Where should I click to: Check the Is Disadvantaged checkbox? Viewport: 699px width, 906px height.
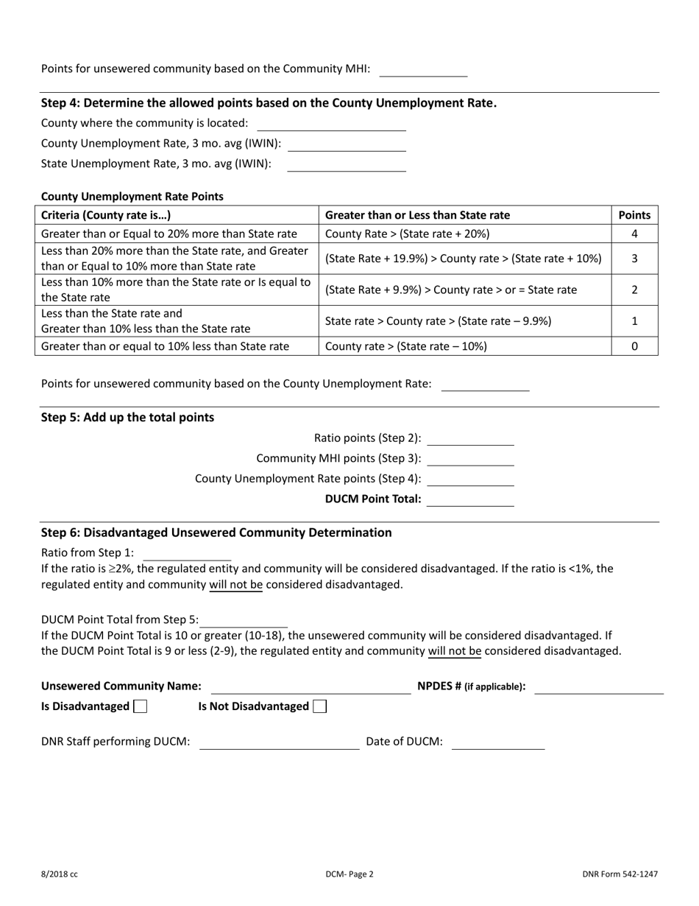coord(140,706)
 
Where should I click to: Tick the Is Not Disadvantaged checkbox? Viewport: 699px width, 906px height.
coord(319,706)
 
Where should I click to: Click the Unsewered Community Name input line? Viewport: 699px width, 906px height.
coord(311,686)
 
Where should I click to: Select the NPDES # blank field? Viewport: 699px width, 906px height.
coord(598,686)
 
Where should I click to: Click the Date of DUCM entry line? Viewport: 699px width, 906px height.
coord(497,742)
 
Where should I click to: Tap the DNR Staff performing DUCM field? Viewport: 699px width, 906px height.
coord(279,742)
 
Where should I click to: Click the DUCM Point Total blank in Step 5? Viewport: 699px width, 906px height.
coord(470,499)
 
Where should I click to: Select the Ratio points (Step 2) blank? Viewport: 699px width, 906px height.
coord(470,439)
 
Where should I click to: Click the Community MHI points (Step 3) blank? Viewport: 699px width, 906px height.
coord(470,459)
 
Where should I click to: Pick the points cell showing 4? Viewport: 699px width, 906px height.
coord(634,234)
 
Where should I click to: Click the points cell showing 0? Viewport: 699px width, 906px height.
coord(634,346)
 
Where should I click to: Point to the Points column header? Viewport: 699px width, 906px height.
coord(634,215)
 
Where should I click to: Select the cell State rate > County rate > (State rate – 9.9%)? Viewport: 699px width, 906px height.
coord(438,321)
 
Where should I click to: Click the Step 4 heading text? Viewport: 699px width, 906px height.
coord(269,103)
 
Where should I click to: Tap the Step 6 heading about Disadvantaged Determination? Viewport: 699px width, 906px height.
coord(216,533)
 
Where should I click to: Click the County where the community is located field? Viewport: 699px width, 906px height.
coord(331,124)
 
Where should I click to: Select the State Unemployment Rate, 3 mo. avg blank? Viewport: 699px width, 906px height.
coord(346,164)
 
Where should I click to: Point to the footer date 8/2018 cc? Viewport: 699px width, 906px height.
coord(60,874)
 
